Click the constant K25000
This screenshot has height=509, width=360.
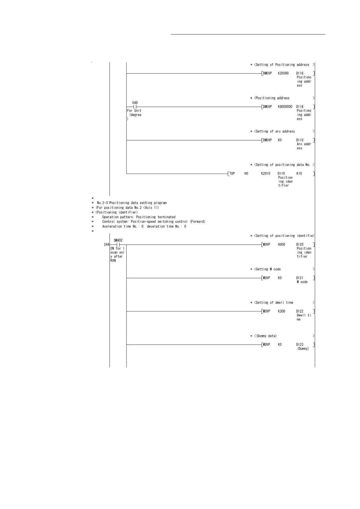coord(283,73)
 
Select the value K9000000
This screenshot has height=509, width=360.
coord(285,107)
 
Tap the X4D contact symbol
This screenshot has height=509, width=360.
coord(135,107)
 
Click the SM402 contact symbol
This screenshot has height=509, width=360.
coord(118,245)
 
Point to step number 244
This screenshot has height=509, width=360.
coord(106,245)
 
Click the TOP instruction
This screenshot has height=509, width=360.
coord(232,173)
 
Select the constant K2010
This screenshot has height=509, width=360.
coord(266,173)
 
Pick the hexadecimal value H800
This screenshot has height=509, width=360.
coord(281,245)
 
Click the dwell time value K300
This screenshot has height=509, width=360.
coord(281,311)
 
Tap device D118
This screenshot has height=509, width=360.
coord(300,140)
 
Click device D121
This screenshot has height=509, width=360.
coord(300,278)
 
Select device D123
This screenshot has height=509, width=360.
coord(300,345)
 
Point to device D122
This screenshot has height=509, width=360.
coord(300,311)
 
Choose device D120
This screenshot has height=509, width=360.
coord(300,245)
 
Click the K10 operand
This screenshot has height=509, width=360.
coord(299,173)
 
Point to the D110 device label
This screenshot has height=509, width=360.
coord(281,173)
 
